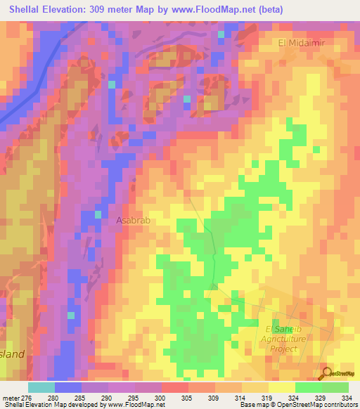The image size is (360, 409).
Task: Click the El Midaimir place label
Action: click(x=303, y=43)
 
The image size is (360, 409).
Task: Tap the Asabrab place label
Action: click(x=134, y=220)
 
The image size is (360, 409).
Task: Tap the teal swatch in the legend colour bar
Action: click(x=41, y=387)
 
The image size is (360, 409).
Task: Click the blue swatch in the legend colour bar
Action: click(x=68, y=387)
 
